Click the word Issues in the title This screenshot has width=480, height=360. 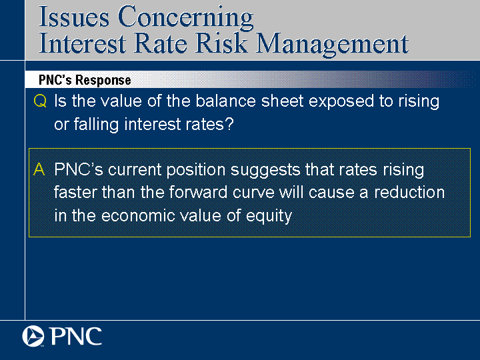point(74,17)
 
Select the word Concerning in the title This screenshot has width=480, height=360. point(185,19)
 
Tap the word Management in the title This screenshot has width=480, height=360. point(332,45)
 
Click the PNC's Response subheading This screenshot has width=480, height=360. point(85,80)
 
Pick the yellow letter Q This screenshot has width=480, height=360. point(40,101)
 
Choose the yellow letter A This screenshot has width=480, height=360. point(39,169)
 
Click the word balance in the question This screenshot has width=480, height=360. point(225,101)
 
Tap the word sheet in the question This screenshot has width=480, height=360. point(282,101)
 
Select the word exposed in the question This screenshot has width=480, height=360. point(341,102)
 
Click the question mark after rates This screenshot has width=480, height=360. point(229,124)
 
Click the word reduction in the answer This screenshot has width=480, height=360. point(409,193)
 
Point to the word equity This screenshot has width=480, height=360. point(269,217)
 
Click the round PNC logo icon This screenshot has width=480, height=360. point(33,336)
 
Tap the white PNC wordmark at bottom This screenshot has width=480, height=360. point(75,336)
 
